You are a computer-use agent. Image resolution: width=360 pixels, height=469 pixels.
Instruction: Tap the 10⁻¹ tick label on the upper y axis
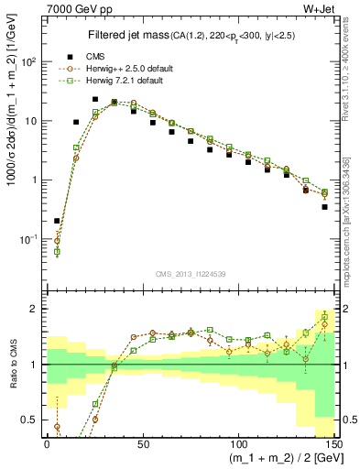point(28,239)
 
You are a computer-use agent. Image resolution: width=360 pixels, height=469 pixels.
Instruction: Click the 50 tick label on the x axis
point(142,442)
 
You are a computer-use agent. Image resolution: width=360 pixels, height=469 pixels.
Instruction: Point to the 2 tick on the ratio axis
point(35,309)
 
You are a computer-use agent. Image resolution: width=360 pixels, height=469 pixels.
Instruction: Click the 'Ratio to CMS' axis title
point(10,365)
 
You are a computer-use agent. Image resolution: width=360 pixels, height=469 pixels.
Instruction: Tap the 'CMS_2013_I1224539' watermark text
point(192,274)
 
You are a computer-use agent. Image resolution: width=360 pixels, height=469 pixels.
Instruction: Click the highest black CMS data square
point(95,99)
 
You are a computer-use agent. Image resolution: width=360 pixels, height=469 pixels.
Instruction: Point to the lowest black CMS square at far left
point(58,221)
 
